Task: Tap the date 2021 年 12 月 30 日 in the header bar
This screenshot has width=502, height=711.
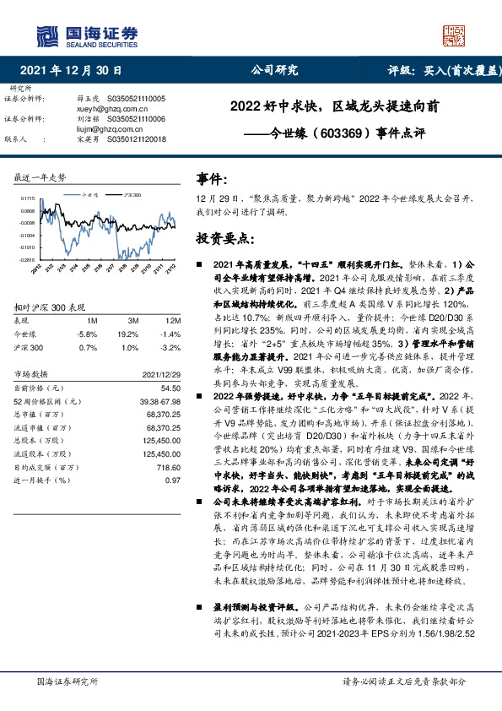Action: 71,71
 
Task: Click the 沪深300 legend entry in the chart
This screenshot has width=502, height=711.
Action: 132,194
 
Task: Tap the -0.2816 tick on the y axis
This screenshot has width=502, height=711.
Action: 27,260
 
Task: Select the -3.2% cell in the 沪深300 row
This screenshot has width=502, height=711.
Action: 171,347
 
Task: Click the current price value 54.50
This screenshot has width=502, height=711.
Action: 171,388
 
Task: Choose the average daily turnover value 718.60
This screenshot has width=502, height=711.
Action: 170,467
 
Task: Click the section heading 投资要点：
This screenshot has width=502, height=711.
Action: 225,239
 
